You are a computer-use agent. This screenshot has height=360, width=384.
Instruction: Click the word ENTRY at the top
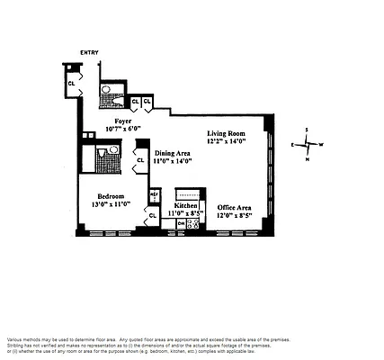point(90,53)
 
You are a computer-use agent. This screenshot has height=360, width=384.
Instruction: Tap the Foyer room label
point(124,120)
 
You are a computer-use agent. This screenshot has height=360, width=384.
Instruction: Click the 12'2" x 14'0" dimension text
point(238,139)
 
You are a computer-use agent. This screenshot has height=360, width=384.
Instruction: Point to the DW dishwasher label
point(181,223)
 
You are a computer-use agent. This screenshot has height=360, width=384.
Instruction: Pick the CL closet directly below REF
point(153,215)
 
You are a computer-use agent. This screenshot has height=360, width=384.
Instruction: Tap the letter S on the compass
point(307,130)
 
